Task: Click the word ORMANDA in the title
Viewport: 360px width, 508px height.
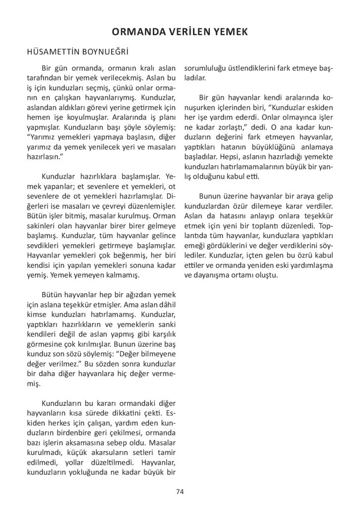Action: [134, 32]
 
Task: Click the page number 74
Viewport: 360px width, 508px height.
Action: [180, 492]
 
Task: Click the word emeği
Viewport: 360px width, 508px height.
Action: [194, 245]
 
